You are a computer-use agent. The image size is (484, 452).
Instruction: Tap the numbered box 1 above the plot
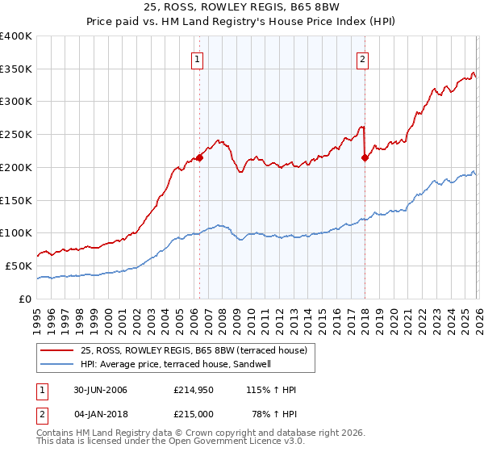pos(198,58)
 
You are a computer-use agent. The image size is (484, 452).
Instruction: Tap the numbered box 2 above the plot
pos(363,58)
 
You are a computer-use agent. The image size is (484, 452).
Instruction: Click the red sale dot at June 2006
pos(199,157)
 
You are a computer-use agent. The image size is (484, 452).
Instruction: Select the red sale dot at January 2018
pos(365,157)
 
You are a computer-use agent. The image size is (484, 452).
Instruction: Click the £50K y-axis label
pos(19,266)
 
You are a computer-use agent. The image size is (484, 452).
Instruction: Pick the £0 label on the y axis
pos(27,299)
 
